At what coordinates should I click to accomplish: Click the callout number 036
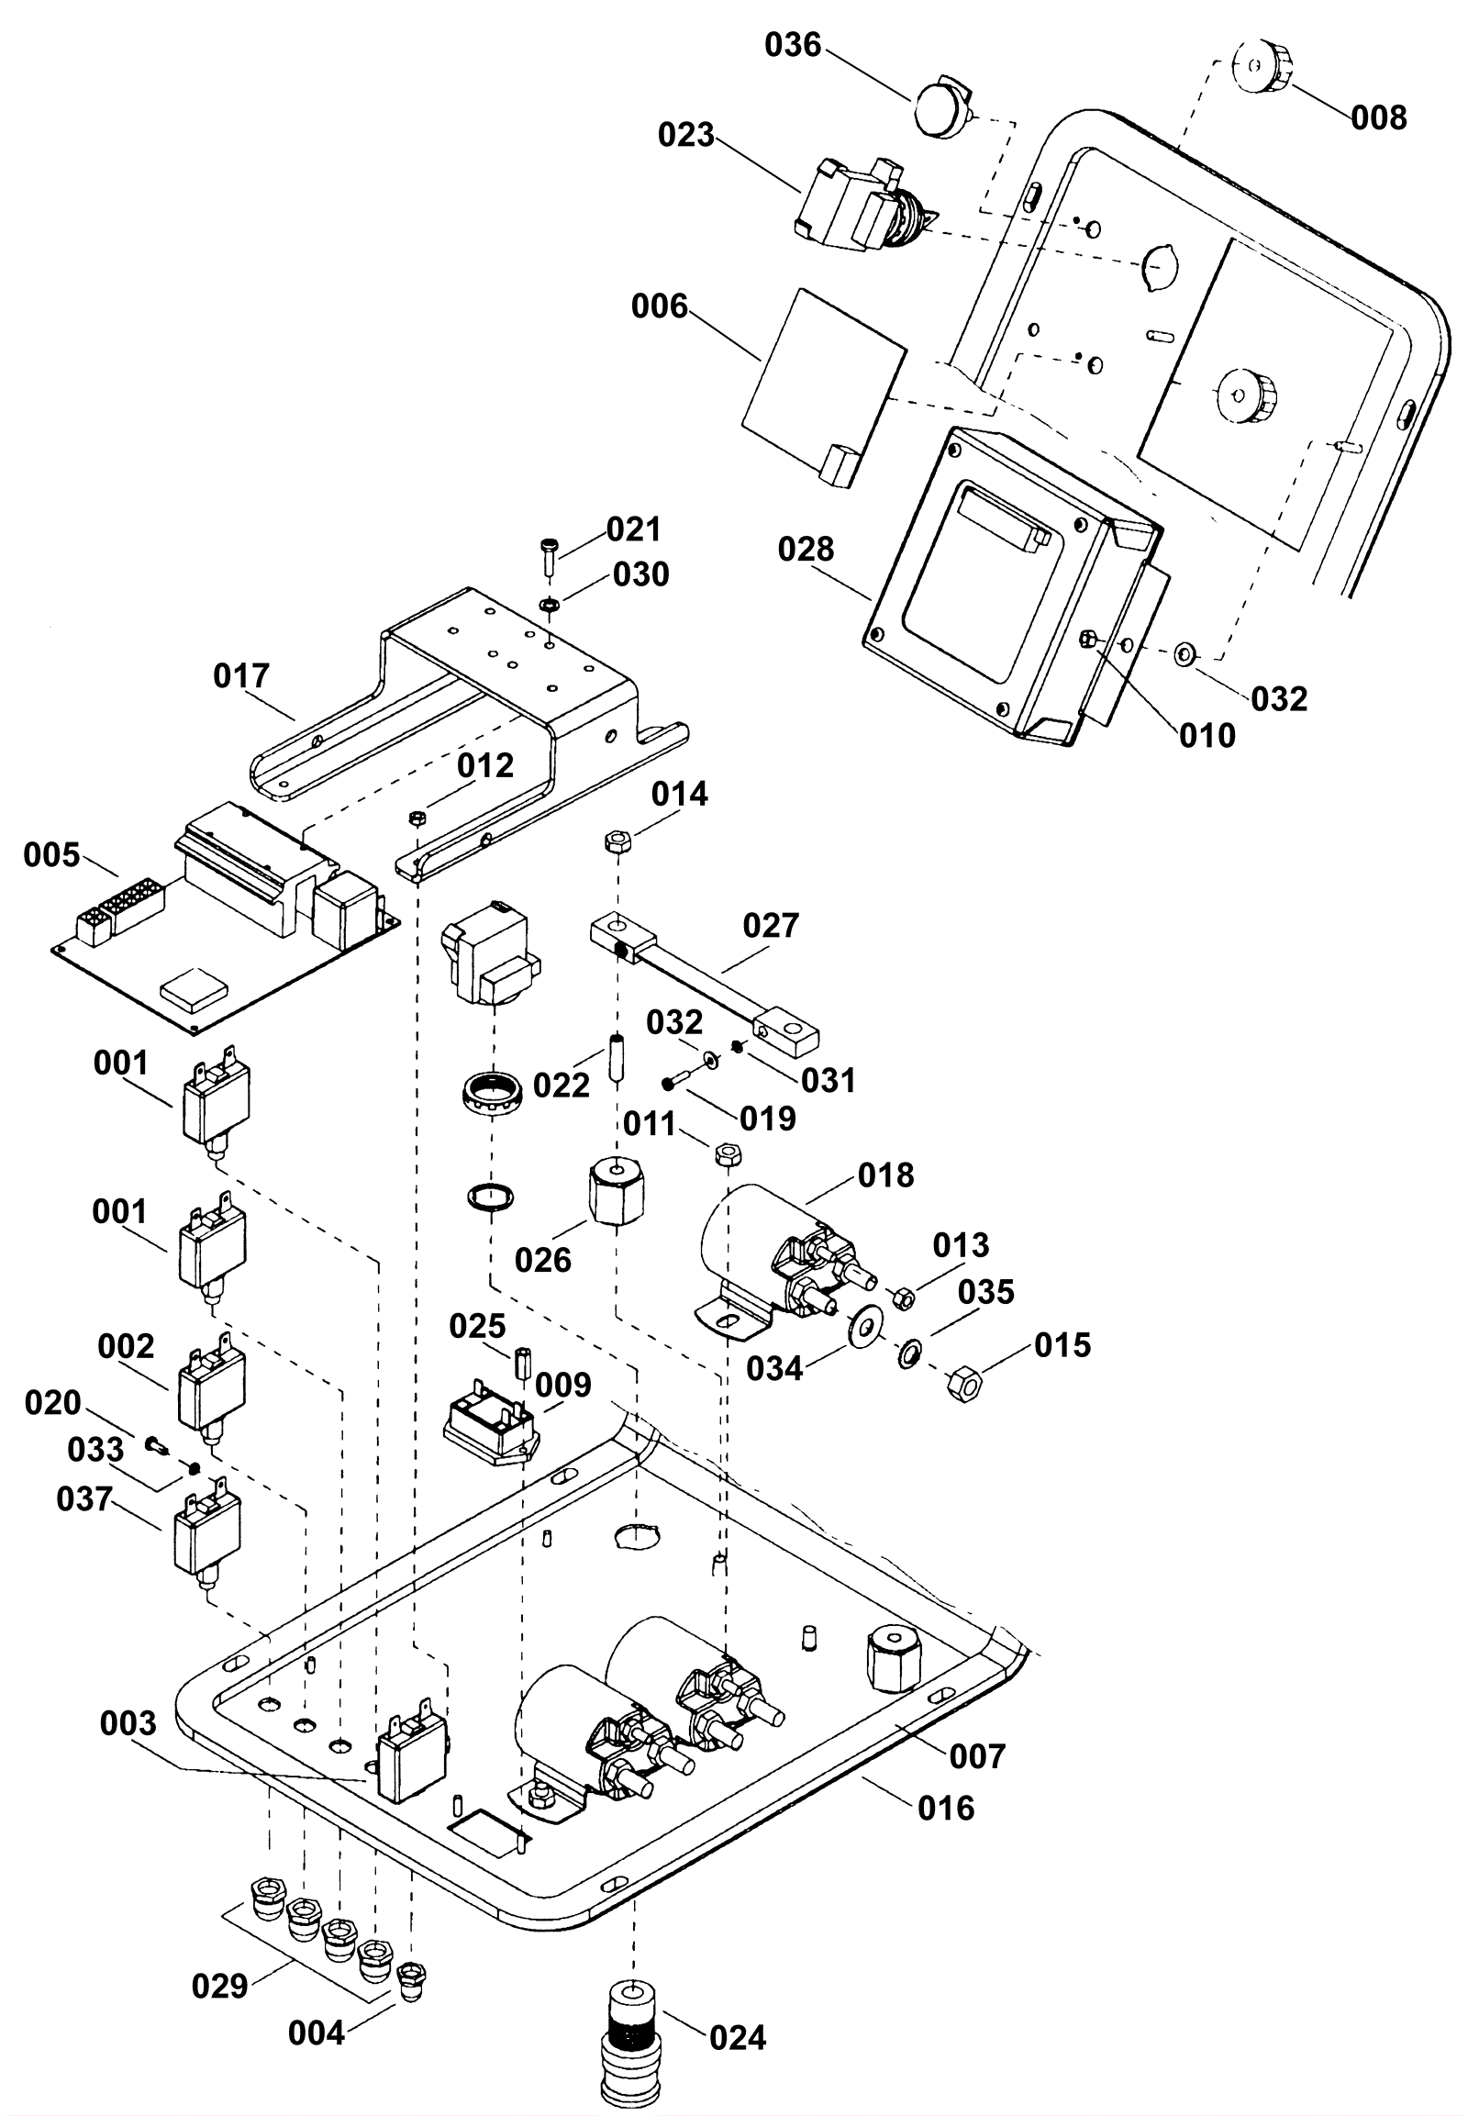click(793, 45)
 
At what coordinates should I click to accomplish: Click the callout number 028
click(806, 550)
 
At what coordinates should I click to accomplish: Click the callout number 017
click(241, 676)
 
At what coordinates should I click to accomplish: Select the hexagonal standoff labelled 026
click(616, 1193)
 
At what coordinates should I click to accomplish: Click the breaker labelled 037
click(207, 1541)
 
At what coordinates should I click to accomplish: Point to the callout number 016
click(947, 1808)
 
